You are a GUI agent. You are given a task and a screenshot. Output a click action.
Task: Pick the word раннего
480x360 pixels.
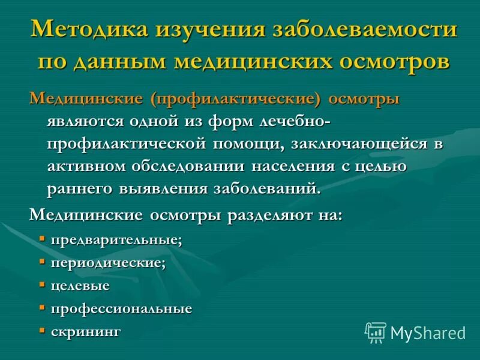(x=77, y=188)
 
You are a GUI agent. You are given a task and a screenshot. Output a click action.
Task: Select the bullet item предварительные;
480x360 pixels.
(x=116, y=240)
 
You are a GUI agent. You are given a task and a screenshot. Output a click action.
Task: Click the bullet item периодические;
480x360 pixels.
(x=108, y=263)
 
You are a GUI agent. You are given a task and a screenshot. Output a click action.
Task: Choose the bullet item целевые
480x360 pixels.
(x=80, y=286)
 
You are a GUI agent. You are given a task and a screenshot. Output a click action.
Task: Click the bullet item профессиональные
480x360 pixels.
(x=121, y=308)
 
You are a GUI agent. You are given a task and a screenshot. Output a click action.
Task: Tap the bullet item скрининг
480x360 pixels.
(x=86, y=331)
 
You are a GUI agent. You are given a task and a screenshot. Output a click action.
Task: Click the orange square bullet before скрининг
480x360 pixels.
(x=42, y=330)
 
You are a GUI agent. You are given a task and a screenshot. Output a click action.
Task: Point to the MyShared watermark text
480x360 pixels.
(x=428, y=332)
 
